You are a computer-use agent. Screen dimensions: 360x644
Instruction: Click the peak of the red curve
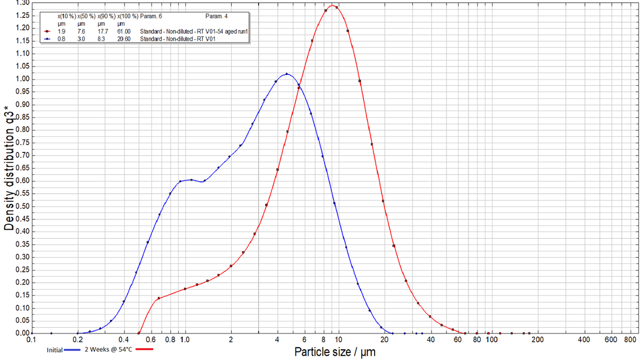(332, 6)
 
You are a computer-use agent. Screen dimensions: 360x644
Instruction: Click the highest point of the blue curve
(287, 74)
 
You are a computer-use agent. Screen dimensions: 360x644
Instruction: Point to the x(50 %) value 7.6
(82, 31)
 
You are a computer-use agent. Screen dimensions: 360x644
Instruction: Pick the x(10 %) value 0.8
(62, 39)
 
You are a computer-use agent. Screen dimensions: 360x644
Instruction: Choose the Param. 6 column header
(151, 17)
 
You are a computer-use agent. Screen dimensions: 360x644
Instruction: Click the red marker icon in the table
(47, 31)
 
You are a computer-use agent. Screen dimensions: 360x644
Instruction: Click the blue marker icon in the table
(47, 39)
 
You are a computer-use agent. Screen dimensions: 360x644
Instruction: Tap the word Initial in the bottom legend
(54, 350)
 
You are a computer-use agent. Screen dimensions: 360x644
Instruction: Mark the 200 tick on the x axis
(538, 340)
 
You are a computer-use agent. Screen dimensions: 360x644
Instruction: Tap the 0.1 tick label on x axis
(32, 340)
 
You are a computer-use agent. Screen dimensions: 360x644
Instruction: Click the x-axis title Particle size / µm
(334, 352)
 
